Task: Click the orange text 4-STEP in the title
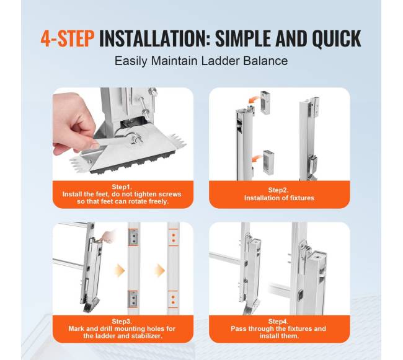68,38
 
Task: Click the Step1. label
122,187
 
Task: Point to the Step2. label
278,190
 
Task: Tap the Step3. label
122,322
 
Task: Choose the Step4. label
278,322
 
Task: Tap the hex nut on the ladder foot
136,139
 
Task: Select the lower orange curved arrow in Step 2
257,159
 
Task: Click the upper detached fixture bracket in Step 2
265,103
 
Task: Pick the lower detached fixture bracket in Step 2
268,162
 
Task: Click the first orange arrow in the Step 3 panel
119,270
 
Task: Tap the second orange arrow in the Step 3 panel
159,270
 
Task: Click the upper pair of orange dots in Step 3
174,238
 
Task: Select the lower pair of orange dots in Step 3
173,300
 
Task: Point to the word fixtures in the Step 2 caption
302,198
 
